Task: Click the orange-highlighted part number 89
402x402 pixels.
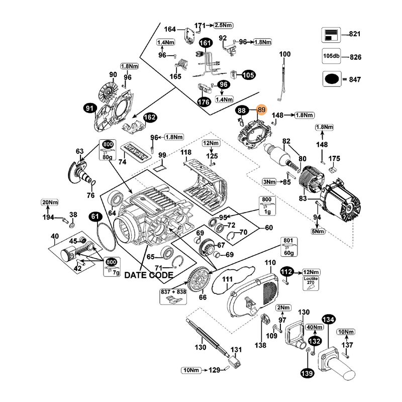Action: coord(261,110)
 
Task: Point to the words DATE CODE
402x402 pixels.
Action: coord(149,275)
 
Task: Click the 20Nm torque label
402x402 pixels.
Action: coord(50,202)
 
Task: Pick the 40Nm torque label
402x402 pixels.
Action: coord(315,327)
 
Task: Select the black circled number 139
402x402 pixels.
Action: coord(307,373)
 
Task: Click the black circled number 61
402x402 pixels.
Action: coord(95,217)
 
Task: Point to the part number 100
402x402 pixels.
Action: coord(285,54)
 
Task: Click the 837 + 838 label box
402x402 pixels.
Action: coord(173,297)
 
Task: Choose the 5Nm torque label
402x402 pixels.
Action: coord(318,231)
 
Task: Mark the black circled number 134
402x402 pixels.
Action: coord(328,320)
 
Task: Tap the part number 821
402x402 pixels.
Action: coord(355,34)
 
